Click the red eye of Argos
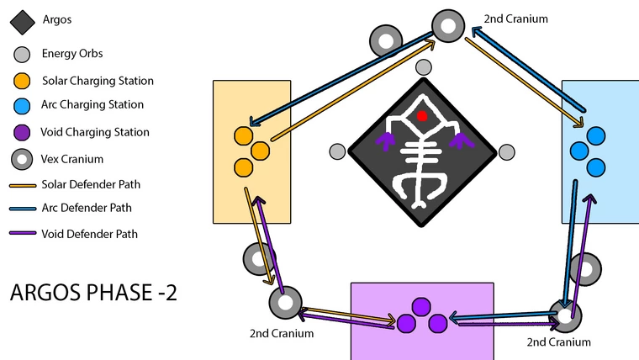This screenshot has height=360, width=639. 422,117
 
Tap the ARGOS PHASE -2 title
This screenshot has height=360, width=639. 93,293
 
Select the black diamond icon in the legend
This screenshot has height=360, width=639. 23,23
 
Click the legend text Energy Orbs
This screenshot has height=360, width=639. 72,53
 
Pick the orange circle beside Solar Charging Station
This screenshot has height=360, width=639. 22,81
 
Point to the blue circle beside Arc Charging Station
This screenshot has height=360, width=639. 22,106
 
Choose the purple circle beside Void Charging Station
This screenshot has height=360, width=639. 22,133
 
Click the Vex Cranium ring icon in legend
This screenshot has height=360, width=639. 22,160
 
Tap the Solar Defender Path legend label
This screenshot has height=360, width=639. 91,184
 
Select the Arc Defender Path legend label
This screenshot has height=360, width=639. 87,208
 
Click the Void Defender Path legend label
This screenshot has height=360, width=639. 90,234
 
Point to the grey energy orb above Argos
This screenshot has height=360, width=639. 424,67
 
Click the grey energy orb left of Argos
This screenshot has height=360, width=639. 337,151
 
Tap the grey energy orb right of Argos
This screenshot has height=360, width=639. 506,152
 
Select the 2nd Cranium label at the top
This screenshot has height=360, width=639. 516,19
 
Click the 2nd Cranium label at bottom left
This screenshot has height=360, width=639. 282,333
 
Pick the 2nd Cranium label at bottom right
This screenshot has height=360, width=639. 559,342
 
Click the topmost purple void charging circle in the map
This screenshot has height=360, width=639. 421,307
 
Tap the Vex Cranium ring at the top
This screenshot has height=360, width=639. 448,26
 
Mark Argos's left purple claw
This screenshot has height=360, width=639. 385,141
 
